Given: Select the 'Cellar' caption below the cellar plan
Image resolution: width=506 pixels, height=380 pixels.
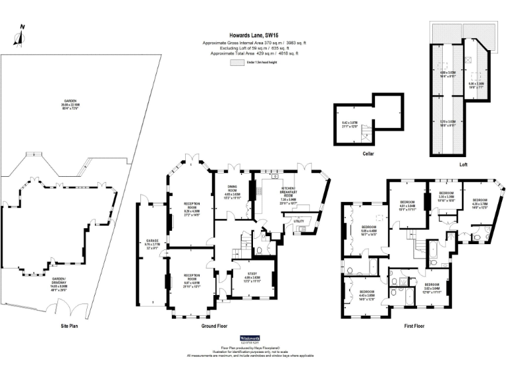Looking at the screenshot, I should pos(368,153).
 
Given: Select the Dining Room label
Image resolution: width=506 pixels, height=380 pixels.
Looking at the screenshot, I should pos(232,191).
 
